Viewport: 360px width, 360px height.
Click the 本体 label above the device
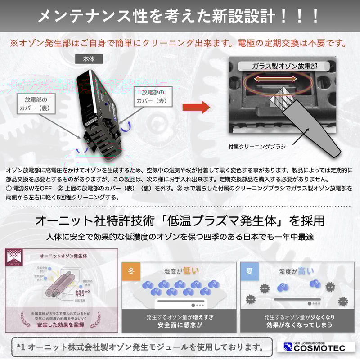coord(90,59)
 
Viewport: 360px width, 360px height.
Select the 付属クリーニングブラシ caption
coord(257,146)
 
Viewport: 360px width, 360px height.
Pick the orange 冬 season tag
coord(131,271)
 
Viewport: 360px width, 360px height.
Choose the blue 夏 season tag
coord(250,271)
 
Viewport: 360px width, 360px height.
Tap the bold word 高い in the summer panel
coord(306,271)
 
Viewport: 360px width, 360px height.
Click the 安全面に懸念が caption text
coord(180,325)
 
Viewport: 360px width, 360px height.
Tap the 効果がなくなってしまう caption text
coord(299,325)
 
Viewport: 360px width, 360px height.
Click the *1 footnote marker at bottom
coord(22,346)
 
